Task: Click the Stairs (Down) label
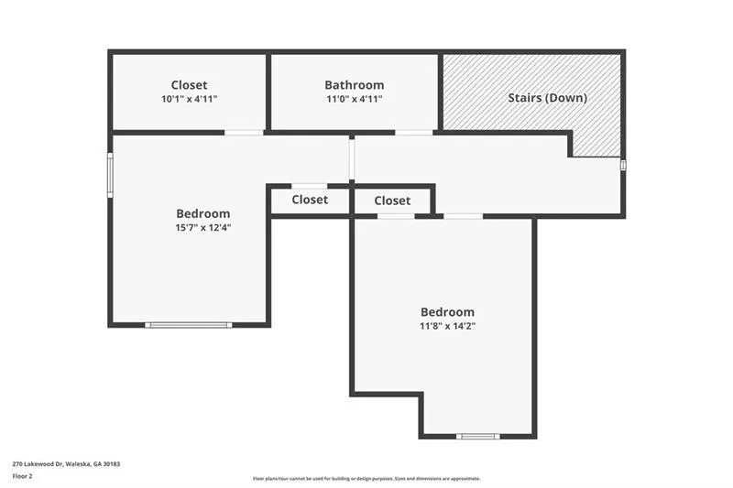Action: (547, 97)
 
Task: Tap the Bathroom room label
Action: (354, 85)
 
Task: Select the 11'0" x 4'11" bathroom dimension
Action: (354, 99)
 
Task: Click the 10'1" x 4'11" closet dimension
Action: (189, 99)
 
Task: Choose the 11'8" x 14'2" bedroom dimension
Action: (447, 325)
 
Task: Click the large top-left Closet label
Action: (189, 85)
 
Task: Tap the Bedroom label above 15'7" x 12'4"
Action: (203, 213)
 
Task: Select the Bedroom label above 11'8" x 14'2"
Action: (447, 311)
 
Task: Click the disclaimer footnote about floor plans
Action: (366, 478)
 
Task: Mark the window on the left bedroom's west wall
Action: (110, 175)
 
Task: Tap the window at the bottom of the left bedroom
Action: (189, 324)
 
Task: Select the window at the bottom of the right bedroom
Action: (478, 436)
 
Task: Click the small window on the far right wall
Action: (623, 165)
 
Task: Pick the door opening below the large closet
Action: (244, 133)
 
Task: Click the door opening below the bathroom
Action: (413, 133)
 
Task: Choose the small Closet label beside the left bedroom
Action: (310, 200)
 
